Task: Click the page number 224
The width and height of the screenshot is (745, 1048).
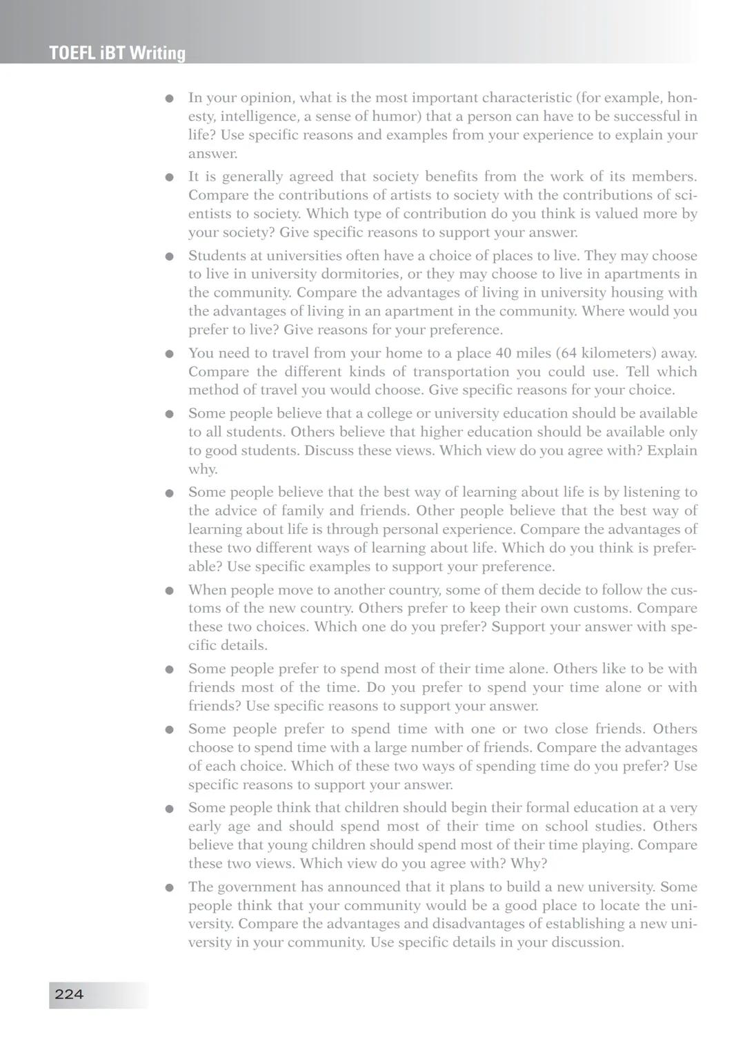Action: point(69,994)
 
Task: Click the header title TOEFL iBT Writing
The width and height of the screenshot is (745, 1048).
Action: point(117,53)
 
